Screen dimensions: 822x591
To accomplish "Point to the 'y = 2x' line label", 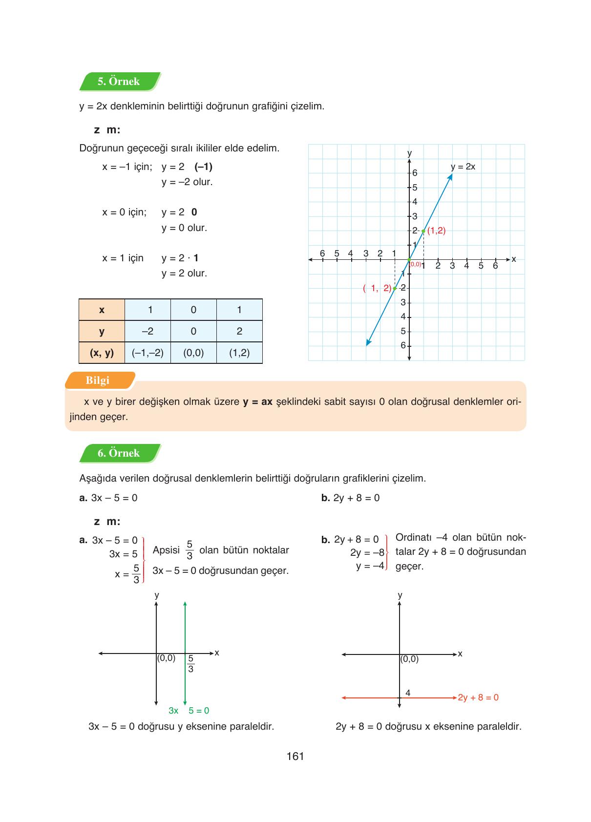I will pyautogui.click(x=463, y=167).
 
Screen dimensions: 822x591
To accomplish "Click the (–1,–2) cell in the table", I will pyautogui.click(x=148, y=353).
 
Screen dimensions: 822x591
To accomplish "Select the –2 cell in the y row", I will pyautogui.click(x=148, y=331).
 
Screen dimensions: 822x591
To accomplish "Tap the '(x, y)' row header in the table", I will pyautogui.click(x=102, y=353).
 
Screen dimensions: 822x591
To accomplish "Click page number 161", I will pyautogui.click(x=295, y=756).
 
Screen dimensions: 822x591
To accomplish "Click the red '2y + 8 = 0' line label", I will pyautogui.click(x=478, y=697).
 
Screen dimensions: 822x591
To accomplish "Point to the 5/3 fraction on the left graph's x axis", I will pyautogui.click(x=191, y=664).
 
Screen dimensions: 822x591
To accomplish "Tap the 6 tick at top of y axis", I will pyautogui.click(x=414, y=173).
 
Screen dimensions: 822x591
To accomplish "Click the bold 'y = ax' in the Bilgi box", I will pyautogui.click(x=257, y=402).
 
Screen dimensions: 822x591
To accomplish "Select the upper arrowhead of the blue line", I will pyautogui.click(x=450, y=176).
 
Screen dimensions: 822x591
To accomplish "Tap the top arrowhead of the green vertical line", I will pyautogui.click(x=185, y=604).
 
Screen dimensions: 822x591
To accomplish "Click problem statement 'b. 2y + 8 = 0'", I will pyautogui.click(x=350, y=498).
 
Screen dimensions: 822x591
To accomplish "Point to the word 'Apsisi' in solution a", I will pyautogui.click(x=166, y=550).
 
